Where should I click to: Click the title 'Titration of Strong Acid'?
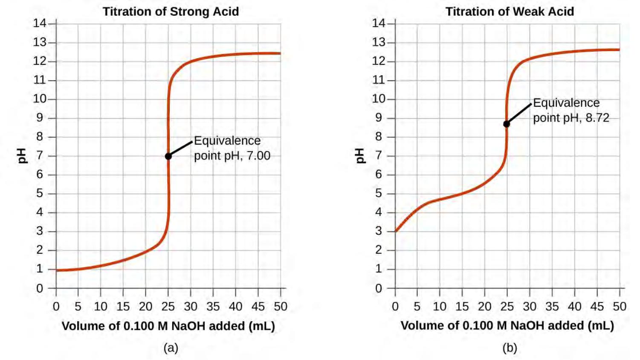click(171, 12)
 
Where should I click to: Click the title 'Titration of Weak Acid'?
click(510, 12)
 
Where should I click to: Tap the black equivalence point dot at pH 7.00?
click(168, 157)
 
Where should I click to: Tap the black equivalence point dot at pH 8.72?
click(507, 124)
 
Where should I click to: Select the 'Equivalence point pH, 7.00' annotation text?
click(232, 148)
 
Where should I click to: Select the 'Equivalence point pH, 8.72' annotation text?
click(570, 110)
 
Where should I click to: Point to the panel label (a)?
click(171, 348)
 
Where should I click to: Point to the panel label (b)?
click(510, 348)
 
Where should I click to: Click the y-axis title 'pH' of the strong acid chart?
click(22, 156)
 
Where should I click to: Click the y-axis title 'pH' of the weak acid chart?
click(360, 156)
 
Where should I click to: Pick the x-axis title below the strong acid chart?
click(168, 326)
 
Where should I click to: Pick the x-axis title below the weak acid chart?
click(507, 326)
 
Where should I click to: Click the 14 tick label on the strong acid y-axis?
click(40, 23)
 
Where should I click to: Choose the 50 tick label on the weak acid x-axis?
click(620, 306)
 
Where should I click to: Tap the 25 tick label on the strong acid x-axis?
click(168, 306)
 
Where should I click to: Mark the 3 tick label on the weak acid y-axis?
click(378, 231)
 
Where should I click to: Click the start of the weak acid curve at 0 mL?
click(396, 231)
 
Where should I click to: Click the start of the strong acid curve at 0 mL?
click(57, 270)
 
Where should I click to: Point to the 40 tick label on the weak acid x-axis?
click(574, 306)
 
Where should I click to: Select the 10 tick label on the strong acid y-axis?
click(40, 99)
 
